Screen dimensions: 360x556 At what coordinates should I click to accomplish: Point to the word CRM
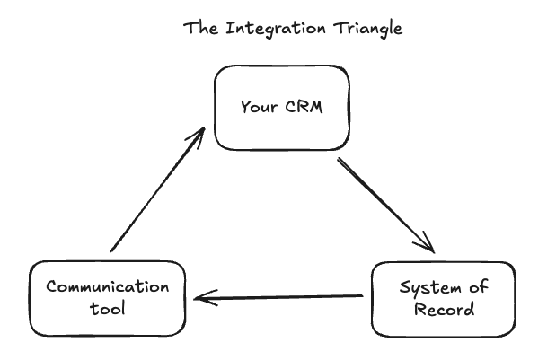tap(301, 108)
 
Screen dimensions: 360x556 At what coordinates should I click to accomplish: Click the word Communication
tap(107, 288)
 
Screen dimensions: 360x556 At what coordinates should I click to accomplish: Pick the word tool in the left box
tap(107, 309)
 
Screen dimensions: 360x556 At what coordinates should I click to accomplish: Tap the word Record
tap(443, 310)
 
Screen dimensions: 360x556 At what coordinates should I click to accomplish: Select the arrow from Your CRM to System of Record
tap(384, 206)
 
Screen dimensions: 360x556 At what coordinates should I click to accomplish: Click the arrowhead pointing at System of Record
tap(426, 244)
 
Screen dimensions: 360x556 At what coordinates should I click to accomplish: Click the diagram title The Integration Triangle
tap(293, 28)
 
